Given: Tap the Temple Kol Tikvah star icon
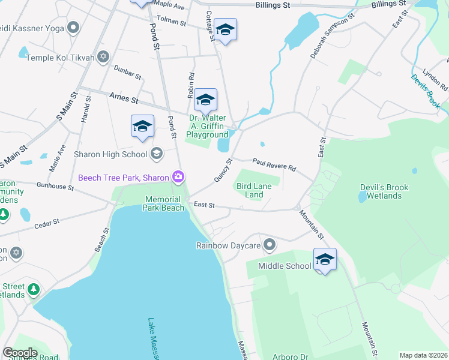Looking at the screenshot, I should (103, 57).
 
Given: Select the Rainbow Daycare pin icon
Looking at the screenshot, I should (270, 245).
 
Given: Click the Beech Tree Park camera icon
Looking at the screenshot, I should (178, 177).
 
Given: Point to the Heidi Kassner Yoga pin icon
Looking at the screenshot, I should (73, 27).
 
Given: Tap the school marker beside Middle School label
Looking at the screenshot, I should (325, 259).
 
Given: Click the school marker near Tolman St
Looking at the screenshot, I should (225, 29).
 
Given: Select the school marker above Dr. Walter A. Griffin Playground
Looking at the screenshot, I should (205, 100).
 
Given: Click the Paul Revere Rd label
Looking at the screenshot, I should (274, 164).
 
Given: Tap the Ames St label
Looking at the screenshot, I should (124, 97).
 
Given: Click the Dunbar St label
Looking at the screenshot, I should (127, 73).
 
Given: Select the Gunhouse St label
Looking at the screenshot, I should (54, 186).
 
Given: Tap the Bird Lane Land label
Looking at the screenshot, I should (254, 190).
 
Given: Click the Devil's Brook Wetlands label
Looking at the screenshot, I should (384, 191).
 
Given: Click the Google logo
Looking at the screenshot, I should (20, 353).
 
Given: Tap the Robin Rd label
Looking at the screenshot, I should (191, 85).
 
